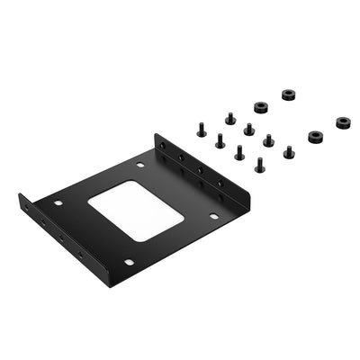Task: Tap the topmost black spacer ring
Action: tap(289, 94)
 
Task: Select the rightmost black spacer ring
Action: tap(344, 122)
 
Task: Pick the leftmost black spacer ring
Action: tap(260, 108)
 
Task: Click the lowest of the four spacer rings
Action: tap(315, 137)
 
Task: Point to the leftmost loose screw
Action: tap(202, 130)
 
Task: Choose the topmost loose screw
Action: tap(229, 118)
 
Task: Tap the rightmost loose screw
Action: tap(288, 151)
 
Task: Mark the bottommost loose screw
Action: tap(259, 165)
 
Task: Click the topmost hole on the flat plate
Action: tap(140, 166)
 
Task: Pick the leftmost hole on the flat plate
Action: tap(58, 203)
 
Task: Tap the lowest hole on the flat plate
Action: tap(129, 262)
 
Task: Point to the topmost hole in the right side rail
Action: tap(165, 146)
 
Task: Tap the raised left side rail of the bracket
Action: tap(54, 236)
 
